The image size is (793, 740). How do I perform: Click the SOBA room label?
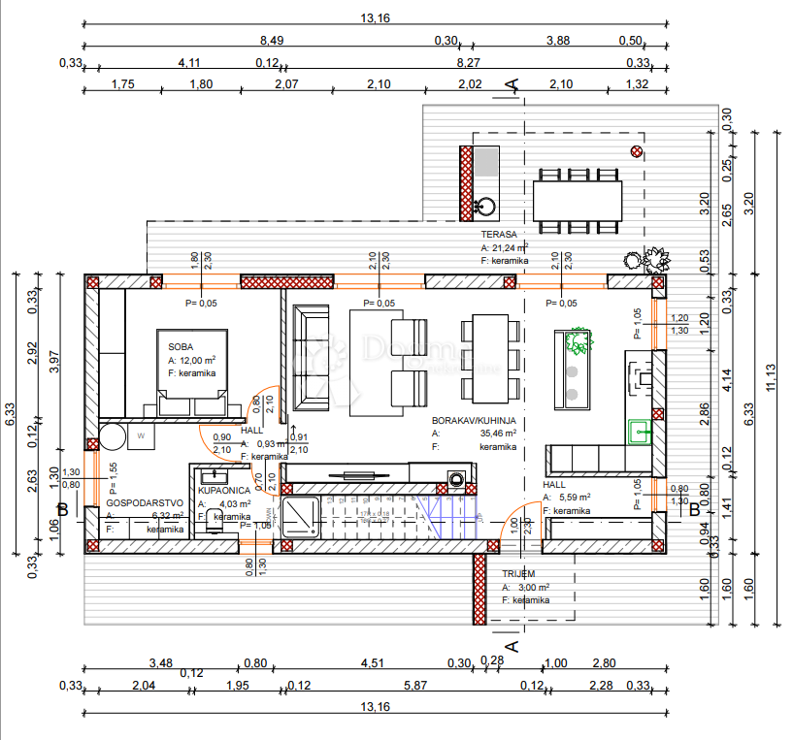pos(181,346)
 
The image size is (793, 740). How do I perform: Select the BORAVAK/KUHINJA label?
pos(474,421)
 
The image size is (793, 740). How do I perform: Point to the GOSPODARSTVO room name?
pos(139,503)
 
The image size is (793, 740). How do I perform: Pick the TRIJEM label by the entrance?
pos(518,574)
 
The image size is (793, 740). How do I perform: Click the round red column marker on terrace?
pos(637,150)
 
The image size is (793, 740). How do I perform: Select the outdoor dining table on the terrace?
pos(577,201)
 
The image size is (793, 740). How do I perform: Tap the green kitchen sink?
pos(641,430)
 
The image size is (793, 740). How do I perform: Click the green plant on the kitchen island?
pos(578,342)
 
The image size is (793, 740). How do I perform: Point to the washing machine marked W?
pos(141,435)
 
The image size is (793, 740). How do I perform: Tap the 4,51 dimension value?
pos(374,664)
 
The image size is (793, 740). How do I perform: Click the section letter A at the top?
pos(512,87)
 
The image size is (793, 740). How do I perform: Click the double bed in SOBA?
pos(192,372)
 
